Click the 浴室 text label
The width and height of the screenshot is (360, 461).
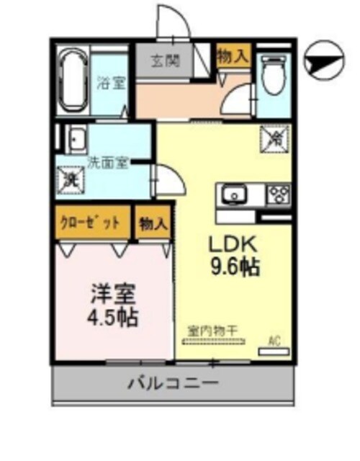[112, 82]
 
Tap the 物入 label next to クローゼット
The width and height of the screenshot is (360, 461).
[153, 223]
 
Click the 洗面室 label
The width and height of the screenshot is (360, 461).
[108, 162]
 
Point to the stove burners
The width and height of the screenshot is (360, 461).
[278, 194]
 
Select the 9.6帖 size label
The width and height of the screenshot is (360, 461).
[234, 267]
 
